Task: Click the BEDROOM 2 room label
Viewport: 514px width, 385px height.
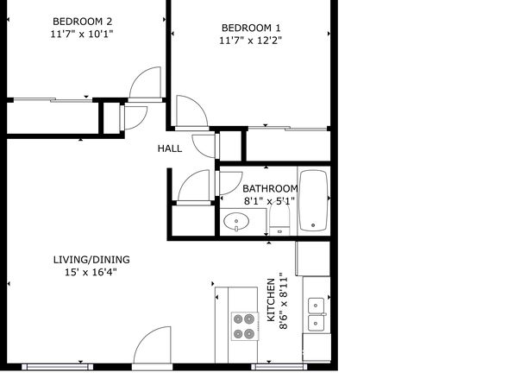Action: (x=82, y=22)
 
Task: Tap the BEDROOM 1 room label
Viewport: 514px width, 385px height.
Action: (x=251, y=28)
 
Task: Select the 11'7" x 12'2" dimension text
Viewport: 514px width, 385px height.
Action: (x=251, y=41)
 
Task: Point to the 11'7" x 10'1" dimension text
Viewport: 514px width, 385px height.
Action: (x=82, y=35)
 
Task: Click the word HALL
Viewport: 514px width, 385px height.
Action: (x=170, y=148)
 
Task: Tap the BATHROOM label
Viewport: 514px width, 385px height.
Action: (x=271, y=189)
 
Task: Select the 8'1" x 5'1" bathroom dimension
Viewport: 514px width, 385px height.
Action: (x=269, y=201)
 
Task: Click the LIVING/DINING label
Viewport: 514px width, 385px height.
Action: (x=91, y=260)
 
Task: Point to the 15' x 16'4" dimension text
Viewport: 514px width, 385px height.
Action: (x=91, y=273)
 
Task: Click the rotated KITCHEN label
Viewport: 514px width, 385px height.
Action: (x=271, y=300)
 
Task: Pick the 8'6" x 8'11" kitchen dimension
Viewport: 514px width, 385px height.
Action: (x=283, y=300)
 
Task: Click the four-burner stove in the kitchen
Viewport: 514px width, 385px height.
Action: (x=245, y=326)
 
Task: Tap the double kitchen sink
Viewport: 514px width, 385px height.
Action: (x=317, y=314)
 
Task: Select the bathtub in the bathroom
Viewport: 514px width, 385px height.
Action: (x=314, y=200)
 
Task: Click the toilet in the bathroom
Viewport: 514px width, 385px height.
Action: (x=279, y=218)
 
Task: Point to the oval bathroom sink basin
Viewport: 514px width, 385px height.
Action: (x=236, y=221)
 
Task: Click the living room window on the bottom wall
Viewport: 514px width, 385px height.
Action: (x=58, y=367)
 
